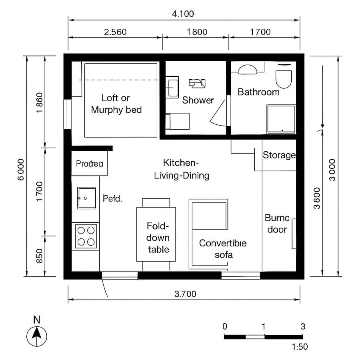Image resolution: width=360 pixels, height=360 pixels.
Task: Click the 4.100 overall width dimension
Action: pos(183,14)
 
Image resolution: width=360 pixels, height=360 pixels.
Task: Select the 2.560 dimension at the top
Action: pos(115,32)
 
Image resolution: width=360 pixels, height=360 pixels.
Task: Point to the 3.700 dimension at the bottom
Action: pos(185,294)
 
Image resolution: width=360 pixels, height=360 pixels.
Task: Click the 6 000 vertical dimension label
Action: pos(21,170)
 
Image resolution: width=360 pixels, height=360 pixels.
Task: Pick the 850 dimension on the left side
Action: pos(39,256)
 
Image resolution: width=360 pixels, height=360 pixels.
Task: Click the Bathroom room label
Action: pos(258,92)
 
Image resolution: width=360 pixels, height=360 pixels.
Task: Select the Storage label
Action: pos(279,155)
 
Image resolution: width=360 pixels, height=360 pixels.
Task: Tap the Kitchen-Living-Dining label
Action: pos(182,169)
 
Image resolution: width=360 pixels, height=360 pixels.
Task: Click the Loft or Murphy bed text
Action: pos(116,104)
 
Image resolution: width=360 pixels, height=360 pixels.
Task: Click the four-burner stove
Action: pos(86,236)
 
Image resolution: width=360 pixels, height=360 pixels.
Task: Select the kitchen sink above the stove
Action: pos(86,198)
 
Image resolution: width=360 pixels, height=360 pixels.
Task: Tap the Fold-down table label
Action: pos(158,238)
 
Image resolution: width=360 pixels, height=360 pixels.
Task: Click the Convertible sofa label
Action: pos(223,249)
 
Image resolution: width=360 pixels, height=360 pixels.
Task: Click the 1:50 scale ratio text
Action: pos(300,347)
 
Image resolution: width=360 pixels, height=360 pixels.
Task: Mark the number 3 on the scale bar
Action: pos(302,326)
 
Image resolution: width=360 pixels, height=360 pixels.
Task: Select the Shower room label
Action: pos(198,100)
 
